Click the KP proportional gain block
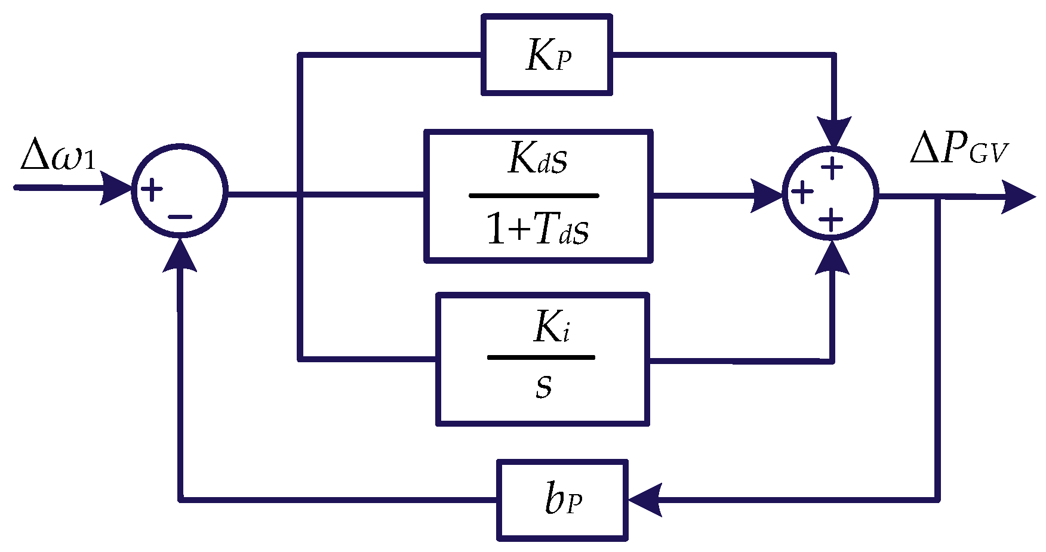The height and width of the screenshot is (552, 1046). (547, 55)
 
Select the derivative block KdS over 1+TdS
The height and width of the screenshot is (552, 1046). (538, 196)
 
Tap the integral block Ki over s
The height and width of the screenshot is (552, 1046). (543, 359)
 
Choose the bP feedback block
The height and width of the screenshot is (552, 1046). (562, 500)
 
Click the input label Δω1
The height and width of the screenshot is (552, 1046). (57, 156)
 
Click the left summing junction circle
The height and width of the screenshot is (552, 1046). (180, 191)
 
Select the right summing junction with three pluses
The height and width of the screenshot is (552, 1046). (830, 194)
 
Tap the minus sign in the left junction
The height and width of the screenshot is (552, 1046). (180, 217)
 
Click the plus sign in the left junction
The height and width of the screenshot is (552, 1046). (152, 190)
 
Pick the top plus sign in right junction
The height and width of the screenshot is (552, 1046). (832, 168)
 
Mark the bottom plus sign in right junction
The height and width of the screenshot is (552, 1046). (830, 220)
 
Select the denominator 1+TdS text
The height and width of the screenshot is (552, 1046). (537, 230)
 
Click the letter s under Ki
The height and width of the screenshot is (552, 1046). (543, 386)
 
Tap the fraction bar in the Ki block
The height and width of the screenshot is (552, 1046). (541, 357)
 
